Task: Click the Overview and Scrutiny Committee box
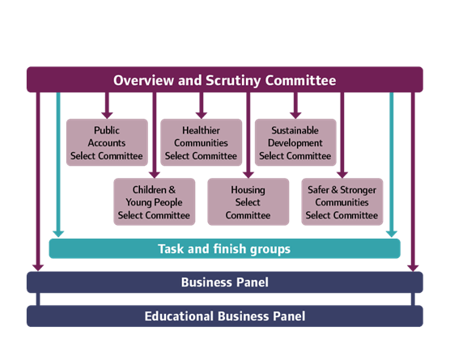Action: (x=225, y=79)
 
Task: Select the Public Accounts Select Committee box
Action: (x=107, y=142)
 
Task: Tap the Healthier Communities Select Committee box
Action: (x=202, y=142)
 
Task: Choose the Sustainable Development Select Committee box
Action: (x=295, y=142)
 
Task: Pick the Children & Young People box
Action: (x=155, y=201)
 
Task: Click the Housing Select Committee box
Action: (x=248, y=201)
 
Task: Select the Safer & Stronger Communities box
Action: (x=342, y=201)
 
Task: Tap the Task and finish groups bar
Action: (x=225, y=248)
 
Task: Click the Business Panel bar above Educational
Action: (x=225, y=282)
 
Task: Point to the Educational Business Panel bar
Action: (x=225, y=316)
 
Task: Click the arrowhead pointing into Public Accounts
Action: (x=107, y=116)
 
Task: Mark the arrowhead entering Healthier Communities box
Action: (x=202, y=116)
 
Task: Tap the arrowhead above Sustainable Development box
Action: (x=295, y=116)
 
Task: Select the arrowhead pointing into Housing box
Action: (x=248, y=175)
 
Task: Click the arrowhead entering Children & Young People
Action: (x=155, y=175)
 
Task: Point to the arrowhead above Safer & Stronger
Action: (x=342, y=175)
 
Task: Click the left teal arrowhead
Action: (x=58, y=234)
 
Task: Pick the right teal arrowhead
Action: (x=392, y=234)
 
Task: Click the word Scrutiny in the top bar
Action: (x=233, y=81)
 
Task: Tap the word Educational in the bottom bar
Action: (x=179, y=316)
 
